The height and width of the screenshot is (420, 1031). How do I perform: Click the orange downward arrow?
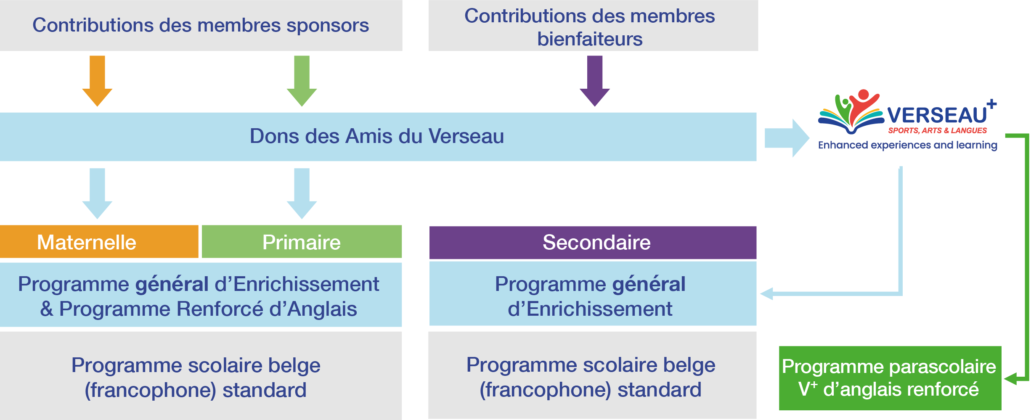97,80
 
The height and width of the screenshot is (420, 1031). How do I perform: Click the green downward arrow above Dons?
302,80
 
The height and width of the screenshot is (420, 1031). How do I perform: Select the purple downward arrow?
595,80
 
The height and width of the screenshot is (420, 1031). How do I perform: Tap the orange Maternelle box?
99,242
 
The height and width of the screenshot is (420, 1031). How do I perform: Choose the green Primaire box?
302,242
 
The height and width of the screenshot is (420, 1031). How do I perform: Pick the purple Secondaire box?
593,243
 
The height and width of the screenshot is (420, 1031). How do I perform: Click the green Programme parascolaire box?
890,378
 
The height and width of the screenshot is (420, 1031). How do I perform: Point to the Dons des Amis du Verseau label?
376,136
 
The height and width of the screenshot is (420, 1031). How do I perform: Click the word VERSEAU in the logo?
937,115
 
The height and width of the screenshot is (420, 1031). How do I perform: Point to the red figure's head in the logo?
864,95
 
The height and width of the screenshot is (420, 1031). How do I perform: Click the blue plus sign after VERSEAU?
992,103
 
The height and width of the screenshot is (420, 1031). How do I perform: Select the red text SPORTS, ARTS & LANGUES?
937,130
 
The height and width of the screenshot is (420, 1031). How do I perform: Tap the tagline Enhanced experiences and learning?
907,145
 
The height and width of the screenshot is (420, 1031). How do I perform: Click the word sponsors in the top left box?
328,25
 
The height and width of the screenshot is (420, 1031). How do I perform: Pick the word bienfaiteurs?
590,39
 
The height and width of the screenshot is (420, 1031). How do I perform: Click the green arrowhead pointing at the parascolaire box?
1010,378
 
